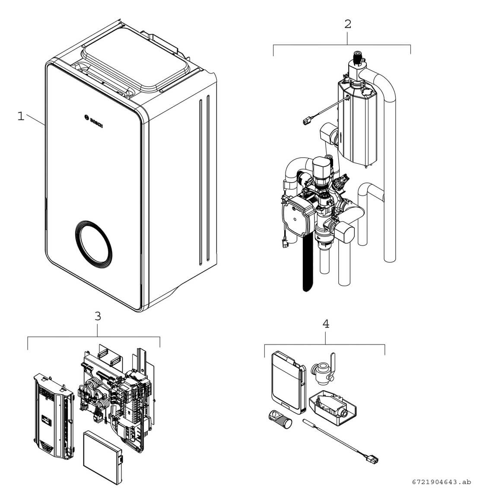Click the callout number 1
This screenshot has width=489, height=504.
(20, 116)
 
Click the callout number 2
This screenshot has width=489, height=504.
(347, 24)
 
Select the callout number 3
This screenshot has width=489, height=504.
(98, 316)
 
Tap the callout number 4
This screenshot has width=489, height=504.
(326, 324)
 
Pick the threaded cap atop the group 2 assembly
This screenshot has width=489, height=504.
(357, 57)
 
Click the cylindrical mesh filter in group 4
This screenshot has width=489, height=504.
(281, 418)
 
